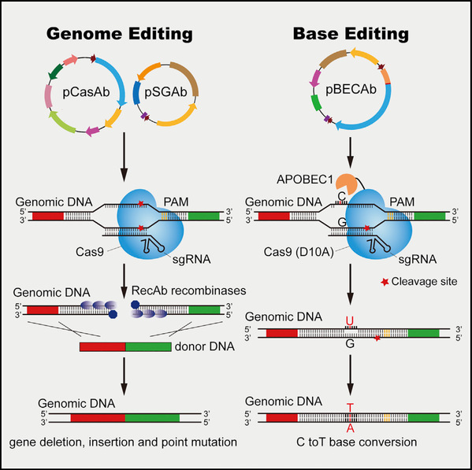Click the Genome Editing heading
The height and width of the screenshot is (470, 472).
pyautogui.click(x=120, y=34)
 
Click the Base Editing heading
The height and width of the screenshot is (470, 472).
pyautogui.click(x=351, y=34)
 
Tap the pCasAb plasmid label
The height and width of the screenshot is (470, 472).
pyautogui.click(x=86, y=92)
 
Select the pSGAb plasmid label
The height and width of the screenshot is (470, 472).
pyautogui.click(x=165, y=92)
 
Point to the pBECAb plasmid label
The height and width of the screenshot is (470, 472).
pyautogui.click(x=351, y=89)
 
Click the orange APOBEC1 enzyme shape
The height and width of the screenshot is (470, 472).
pyautogui.click(x=345, y=183)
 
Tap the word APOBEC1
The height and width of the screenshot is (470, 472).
pyautogui.click(x=305, y=179)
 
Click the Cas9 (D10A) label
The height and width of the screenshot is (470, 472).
pyautogui.click(x=299, y=252)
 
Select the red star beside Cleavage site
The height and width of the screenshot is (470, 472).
pyautogui.click(x=385, y=282)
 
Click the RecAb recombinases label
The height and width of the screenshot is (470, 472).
pyautogui.click(x=189, y=291)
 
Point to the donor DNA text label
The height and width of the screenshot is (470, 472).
pyautogui.click(x=205, y=346)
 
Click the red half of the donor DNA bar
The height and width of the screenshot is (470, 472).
pyautogui.click(x=102, y=346)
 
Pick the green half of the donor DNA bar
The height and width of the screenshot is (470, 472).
pyautogui.click(x=148, y=346)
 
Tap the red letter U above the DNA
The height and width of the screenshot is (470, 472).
pyautogui.click(x=350, y=321)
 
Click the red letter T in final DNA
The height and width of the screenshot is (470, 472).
pyautogui.click(x=350, y=408)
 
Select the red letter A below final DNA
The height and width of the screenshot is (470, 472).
pyautogui.click(x=350, y=428)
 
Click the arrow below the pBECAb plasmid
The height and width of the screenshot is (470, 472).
pyautogui.click(x=350, y=153)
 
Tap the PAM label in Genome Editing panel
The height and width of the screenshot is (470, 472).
pyautogui.click(x=176, y=202)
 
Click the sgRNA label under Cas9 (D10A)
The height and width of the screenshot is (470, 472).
pyautogui.click(x=417, y=259)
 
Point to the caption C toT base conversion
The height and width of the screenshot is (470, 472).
pyautogui.click(x=357, y=442)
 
